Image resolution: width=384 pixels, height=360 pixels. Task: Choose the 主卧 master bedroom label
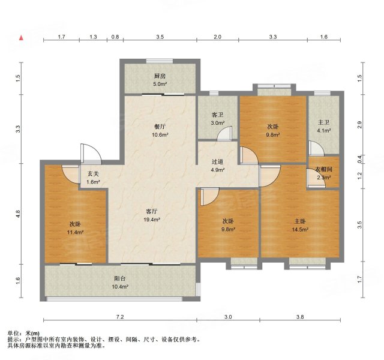pyautogui.click(x=300, y=220)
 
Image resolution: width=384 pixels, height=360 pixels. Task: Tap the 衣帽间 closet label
pyautogui.click(x=324, y=169)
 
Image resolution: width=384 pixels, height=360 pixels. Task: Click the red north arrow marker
pyautogui.click(x=22, y=39)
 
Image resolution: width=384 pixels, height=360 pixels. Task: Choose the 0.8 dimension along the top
pyautogui.click(x=115, y=37)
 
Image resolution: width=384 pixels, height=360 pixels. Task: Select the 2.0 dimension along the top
pyautogui.click(x=217, y=37)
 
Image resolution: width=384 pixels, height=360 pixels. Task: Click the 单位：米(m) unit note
pyautogui.click(x=23, y=333)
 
